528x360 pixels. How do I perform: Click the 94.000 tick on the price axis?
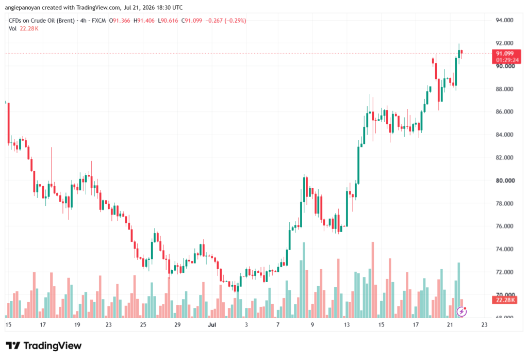[x=504, y=20]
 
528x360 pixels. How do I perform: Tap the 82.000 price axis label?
[x=504, y=158]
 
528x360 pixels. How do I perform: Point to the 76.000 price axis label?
[x=504, y=226]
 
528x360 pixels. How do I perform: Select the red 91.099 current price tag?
[x=506, y=57]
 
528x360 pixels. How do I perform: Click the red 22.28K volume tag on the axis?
[x=504, y=300]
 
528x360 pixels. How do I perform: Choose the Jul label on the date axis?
[x=212, y=325]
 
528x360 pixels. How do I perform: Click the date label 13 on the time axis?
[x=346, y=325]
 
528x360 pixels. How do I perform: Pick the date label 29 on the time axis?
[x=177, y=325]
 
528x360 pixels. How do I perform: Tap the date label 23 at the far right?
[x=484, y=325]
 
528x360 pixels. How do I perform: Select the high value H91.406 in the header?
[x=144, y=21]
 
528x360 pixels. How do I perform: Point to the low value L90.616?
[x=168, y=21]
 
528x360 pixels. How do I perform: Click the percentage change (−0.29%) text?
[x=235, y=21]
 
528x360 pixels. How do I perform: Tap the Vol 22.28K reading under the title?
[x=24, y=29]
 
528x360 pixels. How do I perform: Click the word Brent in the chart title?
[x=65, y=21]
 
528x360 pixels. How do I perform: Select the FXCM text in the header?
[x=98, y=21]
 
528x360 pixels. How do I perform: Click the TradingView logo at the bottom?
[x=44, y=346]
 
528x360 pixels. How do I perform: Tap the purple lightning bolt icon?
[x=461, y=312]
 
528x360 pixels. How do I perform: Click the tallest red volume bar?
[x=373, y=280]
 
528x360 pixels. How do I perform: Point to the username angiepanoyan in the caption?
[x=22, y=7]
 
